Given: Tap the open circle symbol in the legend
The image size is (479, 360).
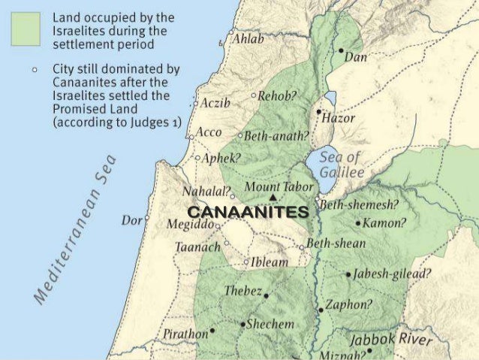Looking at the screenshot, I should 34,68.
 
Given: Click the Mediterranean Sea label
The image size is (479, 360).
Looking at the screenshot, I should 74,225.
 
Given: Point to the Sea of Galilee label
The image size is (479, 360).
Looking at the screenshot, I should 341,165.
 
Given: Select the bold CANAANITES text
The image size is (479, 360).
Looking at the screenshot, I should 248,213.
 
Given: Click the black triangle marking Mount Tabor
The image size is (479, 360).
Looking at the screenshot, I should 273,198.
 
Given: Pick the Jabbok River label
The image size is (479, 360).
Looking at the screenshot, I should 391,340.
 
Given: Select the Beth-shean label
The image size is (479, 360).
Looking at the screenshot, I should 336,244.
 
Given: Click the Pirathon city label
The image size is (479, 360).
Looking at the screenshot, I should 184,331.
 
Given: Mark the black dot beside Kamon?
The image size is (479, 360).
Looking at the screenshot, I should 357,223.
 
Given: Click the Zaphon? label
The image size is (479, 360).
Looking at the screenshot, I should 348,304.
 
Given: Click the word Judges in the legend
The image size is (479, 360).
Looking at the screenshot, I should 135,123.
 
